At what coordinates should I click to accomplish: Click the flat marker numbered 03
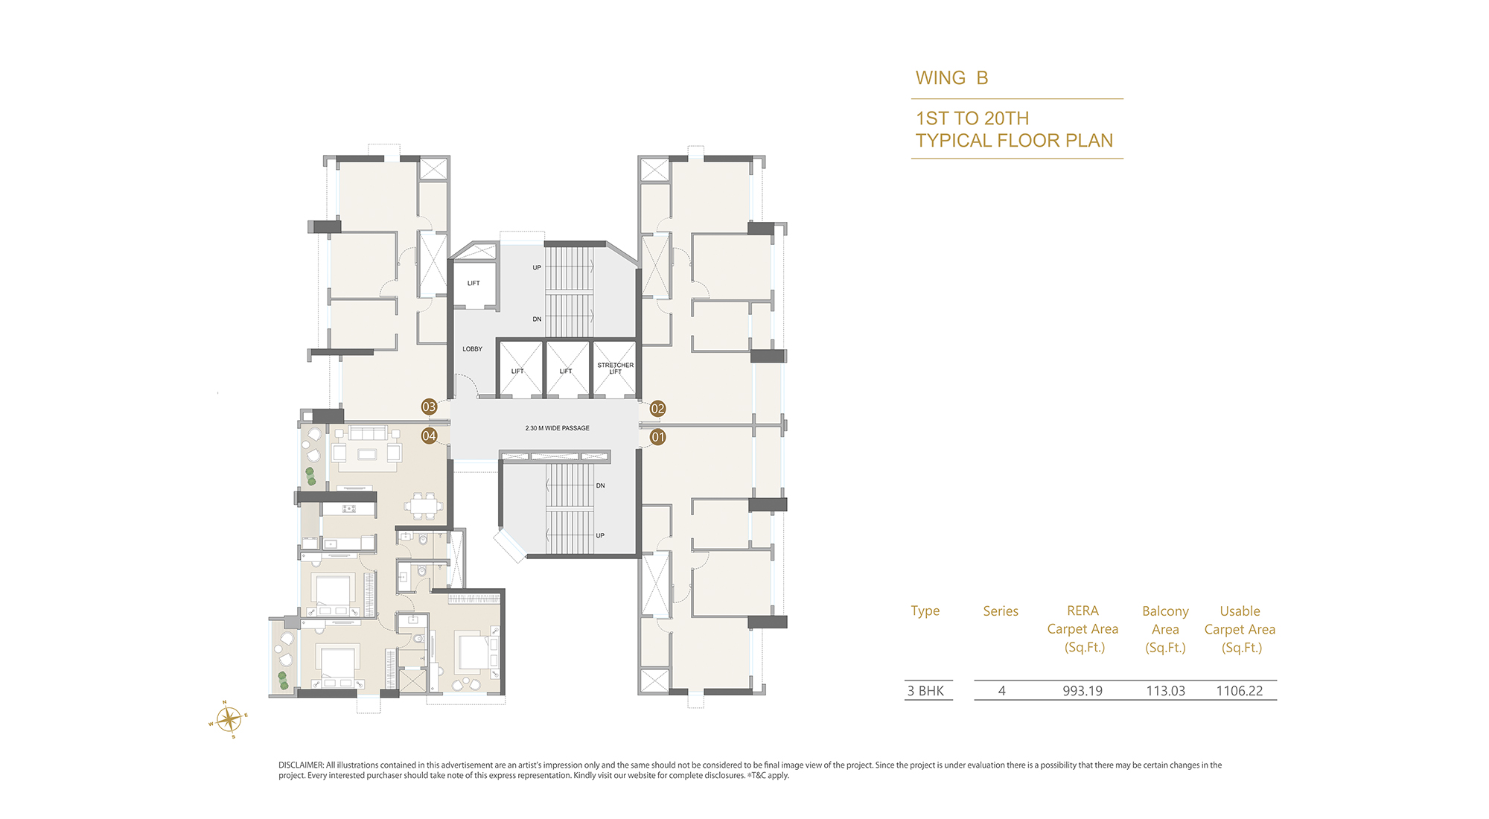click(429, 407)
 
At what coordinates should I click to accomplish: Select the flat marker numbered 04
click(429, 436)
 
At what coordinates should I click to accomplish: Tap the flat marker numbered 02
click(657, 408)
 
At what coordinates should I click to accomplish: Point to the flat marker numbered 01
click(657, 437)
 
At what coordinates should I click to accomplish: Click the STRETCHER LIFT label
click(616, 369)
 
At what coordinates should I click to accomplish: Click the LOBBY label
click(473, 349)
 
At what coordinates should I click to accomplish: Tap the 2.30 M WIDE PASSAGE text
click(558, 428)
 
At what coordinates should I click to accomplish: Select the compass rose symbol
click(229, 719)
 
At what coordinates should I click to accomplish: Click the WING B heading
click(952, 78)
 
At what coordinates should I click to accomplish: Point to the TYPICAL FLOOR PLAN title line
click(1015, 141)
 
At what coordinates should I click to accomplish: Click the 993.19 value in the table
click(1083, 691)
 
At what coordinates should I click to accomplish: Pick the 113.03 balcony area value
click(1166, 691)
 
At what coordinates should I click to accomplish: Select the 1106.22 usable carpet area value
click(1240, 691)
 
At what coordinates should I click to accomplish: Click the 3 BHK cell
click(925, 691)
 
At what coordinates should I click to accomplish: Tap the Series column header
click(1001, 611)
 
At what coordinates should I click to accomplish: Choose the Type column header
click(925, 611)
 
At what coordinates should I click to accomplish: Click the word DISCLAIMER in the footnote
click(301, 765)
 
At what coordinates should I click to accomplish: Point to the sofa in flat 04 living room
click(369, 433)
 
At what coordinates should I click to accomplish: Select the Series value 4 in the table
click(1002, 691)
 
